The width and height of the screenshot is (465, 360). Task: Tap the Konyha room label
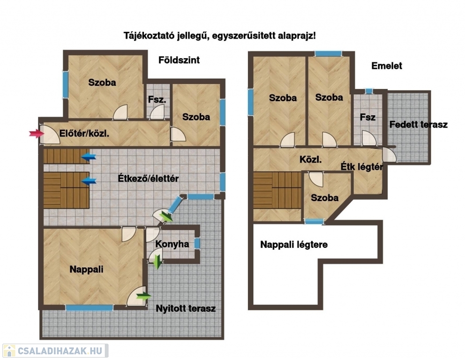pos(172,244)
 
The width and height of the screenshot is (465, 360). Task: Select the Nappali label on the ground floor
pos(86,269)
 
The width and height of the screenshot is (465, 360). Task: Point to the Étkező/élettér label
pos(148,179)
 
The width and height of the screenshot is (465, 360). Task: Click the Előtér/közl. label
pos(84,134)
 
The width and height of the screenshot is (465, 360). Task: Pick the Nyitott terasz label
pos(186,308)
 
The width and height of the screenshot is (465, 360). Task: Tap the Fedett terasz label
pos(419,125)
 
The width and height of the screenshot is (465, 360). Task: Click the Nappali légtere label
pos(294,245)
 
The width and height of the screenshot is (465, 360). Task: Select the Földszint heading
pos(179,60)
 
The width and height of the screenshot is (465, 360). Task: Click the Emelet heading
pos(387,66)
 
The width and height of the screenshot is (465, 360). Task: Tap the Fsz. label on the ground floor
pos(157,100)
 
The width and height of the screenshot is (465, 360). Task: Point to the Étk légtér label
pos(362,167)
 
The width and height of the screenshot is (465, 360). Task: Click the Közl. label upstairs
pos(310,159)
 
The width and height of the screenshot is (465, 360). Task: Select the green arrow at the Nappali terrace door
pos(143,296)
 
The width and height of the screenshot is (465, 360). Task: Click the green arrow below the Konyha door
pos(158,262)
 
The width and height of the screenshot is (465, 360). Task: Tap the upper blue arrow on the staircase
pos(89,157)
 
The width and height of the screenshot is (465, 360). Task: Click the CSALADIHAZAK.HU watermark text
pos(60,351)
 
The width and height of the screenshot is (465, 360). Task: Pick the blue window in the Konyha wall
pos(197,243)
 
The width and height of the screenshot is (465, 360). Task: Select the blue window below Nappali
pos(89,308)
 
